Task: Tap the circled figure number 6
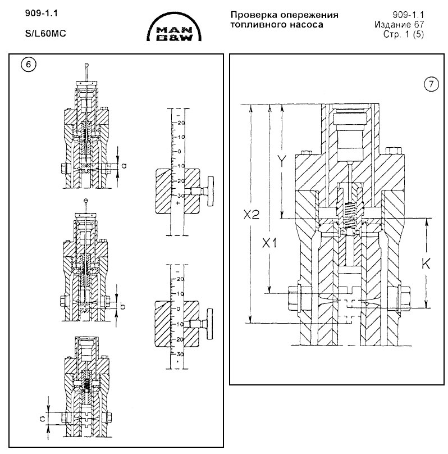click(x=29, y=64)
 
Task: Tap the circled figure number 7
click(x=429, y=85)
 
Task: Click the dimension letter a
click(x=124, y=165)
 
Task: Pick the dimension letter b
click(x=124, y=307)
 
